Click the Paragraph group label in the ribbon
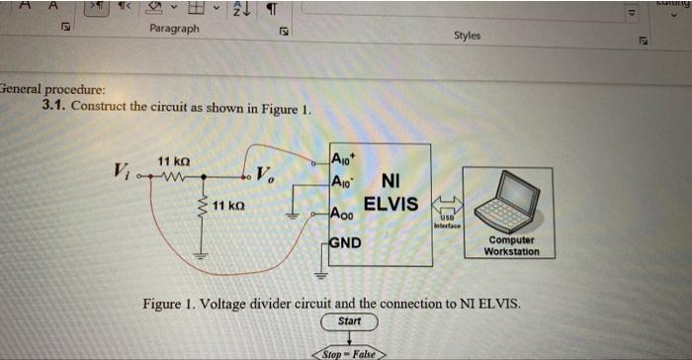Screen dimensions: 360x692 click(174, 29)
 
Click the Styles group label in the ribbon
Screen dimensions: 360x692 click(467, 36)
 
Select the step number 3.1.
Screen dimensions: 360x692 click(54, 105)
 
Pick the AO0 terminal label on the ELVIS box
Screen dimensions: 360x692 click(343, 214)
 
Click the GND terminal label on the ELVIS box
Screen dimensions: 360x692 click(346, 242)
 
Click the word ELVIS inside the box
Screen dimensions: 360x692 click(390, 205)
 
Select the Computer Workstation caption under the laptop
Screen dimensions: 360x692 click(512, 245)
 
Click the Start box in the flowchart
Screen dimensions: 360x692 click(349, 322)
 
